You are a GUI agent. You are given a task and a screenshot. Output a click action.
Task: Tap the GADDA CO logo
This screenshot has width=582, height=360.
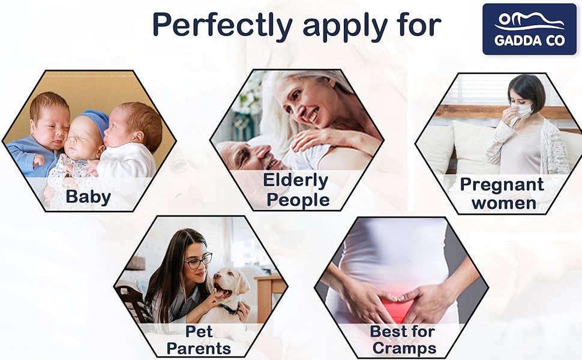click(x=529, y=29)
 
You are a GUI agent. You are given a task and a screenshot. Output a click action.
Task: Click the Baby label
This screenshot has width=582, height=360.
click(x=88, y=197)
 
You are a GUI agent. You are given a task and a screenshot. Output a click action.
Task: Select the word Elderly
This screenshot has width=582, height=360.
click(x=295, y=180)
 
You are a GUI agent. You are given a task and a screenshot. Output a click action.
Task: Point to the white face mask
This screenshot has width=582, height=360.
click(x=524, y=110)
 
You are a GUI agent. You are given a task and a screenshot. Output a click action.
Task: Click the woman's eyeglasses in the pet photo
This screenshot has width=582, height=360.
click(x=198, y=261)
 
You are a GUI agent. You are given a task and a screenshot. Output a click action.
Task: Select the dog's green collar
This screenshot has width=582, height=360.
click(x=229, y=309)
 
